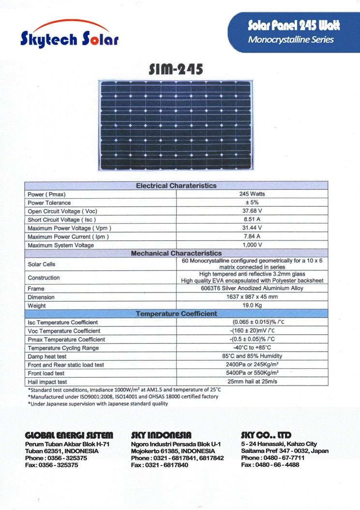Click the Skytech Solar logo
pos(69,35)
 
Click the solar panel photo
pos(177,125)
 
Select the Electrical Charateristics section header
pos(176,185)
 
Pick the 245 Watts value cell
pos(252,194)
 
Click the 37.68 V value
pos(252,211)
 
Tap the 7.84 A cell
pos(252,236)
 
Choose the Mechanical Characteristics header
pos(176,253)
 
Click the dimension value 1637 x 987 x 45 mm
pos(252,297)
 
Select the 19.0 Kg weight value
pos(252,306)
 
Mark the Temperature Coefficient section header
pos(176,314)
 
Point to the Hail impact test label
pos(47,382)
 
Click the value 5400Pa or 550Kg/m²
pos(252,373)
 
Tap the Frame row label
pos(36,289)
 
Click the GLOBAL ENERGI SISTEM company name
pos(69,435)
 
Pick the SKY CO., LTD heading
pos(266,435)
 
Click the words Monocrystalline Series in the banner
pos(291,40)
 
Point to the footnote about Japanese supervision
pos(98,403)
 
